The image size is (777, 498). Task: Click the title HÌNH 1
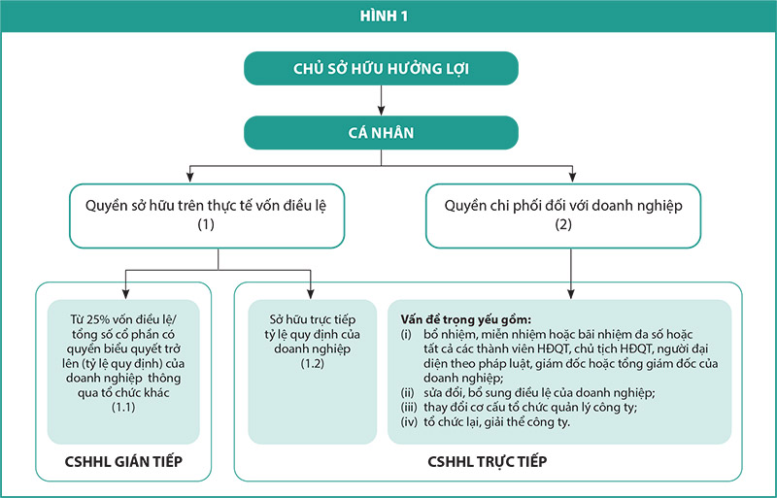pos(384,17)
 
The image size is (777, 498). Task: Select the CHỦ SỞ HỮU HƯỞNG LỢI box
pos(381,68)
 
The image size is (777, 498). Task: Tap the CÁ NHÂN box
pos(381,133)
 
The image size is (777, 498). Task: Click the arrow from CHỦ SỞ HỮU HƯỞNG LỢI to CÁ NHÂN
pos(381,101)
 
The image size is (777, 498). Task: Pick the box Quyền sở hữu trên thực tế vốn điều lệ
pos(207,216)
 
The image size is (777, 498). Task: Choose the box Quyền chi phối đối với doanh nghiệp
pos(563,216)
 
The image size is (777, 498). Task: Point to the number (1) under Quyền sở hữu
pos(206,224)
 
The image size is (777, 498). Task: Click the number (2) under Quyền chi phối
pos(563,224)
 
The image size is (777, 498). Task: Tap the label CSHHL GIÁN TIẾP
pos(123,461)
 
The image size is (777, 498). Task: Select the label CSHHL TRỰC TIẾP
pos(488,461)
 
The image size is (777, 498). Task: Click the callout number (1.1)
pos(123,408)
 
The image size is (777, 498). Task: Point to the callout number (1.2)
pos(312,363)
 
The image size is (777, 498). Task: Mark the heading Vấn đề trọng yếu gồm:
pos(466,319)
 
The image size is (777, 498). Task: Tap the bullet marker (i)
pos(406,334)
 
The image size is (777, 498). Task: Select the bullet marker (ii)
pos(407,393)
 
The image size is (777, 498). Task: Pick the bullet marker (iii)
pos(409,408)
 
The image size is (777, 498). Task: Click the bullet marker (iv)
pos(409,422)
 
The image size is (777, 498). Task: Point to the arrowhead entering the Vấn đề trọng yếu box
pos(571,293)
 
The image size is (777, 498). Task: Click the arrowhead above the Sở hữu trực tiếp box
pos(310,293)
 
